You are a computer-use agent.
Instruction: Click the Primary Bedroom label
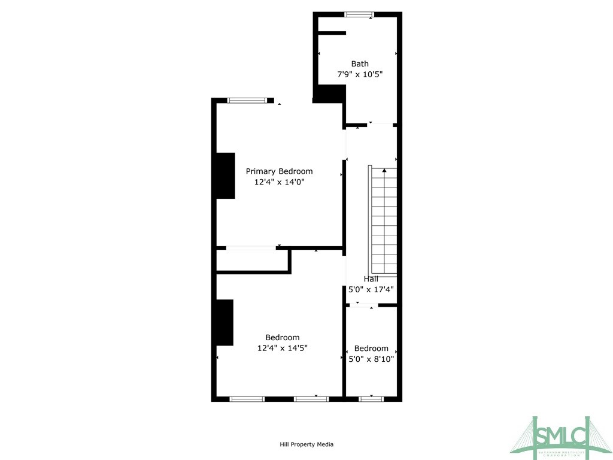279,171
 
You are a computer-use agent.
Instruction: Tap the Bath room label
360,63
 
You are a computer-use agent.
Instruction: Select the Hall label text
371,279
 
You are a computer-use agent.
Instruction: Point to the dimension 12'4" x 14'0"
279,182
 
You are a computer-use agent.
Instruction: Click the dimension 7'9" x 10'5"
360,75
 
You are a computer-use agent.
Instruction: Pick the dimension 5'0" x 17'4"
371,289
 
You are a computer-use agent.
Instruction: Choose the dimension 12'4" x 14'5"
283,348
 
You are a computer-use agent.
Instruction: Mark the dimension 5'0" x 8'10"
371,359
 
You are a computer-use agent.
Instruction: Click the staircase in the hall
384,222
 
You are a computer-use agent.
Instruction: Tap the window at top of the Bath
359,14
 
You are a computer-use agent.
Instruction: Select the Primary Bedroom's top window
247,101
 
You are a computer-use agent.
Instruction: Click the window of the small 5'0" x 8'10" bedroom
371,398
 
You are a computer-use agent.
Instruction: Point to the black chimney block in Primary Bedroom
226,175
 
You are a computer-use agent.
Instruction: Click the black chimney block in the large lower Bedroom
224,322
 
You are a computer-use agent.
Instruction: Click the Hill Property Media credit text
306,444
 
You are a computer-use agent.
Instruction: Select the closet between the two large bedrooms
252,261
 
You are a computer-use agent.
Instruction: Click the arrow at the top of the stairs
384,171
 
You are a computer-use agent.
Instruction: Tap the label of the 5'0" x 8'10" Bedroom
371,349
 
